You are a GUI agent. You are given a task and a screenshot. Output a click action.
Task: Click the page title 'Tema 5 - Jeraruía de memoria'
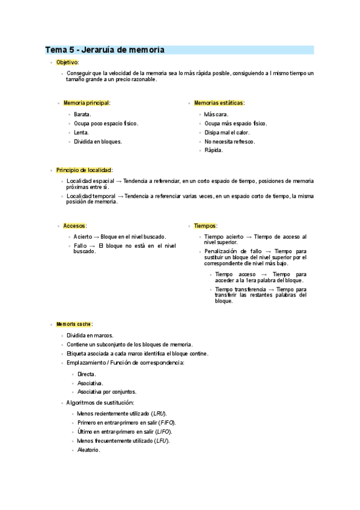[x=105, y=49]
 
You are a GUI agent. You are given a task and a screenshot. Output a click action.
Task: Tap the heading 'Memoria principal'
[x=87, y=103]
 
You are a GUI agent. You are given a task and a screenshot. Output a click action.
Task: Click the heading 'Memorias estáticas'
[x=219, y=103]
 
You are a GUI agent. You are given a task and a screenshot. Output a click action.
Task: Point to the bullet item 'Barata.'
[x=82, y=114]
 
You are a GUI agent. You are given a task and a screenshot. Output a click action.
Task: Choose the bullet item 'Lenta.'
[x=81, y=132]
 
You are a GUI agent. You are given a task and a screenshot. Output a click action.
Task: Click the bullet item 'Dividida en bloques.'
[x=97, y=141]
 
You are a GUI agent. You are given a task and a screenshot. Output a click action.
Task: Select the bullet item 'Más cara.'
[x=216, y=114]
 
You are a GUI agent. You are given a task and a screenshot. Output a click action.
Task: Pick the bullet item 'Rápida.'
[x=213, y=150]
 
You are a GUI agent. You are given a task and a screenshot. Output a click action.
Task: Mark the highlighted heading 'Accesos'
[x=75, y=226]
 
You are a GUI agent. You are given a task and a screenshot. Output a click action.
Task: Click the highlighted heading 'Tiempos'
[x=205, y=226]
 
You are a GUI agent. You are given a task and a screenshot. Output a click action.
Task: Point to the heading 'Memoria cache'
[x=73, y=324]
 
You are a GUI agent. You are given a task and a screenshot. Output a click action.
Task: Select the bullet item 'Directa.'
[x=87, y=374]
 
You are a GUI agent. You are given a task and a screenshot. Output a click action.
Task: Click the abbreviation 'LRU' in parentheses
[x=159, y=414]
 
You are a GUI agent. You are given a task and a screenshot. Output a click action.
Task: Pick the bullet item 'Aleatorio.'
[x=88, y=450]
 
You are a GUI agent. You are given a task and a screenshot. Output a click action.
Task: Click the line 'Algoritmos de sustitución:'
[x=100, y=402]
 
